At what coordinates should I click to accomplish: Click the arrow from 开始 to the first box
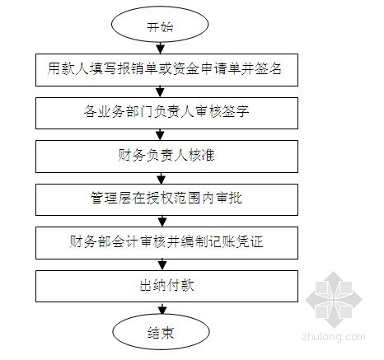160,48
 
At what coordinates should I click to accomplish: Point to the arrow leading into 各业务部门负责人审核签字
160,91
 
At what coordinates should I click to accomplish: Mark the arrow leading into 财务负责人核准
160,134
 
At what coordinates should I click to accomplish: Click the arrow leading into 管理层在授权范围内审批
162,178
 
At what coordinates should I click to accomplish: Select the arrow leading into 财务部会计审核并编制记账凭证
162,221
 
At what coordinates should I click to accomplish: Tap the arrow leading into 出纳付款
162,264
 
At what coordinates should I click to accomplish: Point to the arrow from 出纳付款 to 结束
162,308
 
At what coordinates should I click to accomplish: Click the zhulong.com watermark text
334,337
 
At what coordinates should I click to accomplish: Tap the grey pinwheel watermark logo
334,300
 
